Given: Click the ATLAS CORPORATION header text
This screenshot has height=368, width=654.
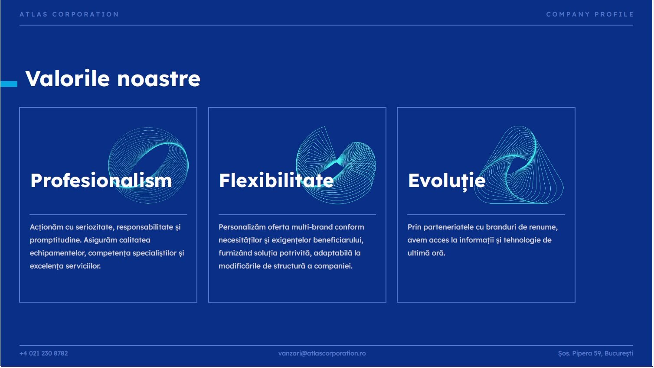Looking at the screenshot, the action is pyautogui.click(x=69, y=14).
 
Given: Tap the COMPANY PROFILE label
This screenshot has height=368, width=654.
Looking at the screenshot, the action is pyautogui.click(x=590, y=14).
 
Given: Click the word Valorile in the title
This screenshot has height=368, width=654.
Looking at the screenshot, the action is pyautogui.click(x=68, y=78).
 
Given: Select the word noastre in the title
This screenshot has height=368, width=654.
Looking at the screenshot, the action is pyautogui.click(x=159, y=79).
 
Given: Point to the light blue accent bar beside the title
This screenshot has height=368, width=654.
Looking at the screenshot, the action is pyautogui.click(x=9, y=84).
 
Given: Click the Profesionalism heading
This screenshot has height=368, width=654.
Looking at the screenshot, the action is pyautogui.click(x=101, y=181).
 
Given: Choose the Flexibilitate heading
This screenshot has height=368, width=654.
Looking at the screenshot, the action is pyautogui.click(x=276, y=181).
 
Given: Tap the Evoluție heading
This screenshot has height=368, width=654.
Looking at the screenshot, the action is pyautogui.click(x=447, y=181).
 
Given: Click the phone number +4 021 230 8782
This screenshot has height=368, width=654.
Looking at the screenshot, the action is pyautogui.click(x=43, y=353).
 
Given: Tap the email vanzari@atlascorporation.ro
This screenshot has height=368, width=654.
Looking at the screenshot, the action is pyautogui.click(x=322, y=353).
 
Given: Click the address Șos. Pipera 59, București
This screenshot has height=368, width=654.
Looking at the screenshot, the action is pyautogui.click(x=595, y=353).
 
